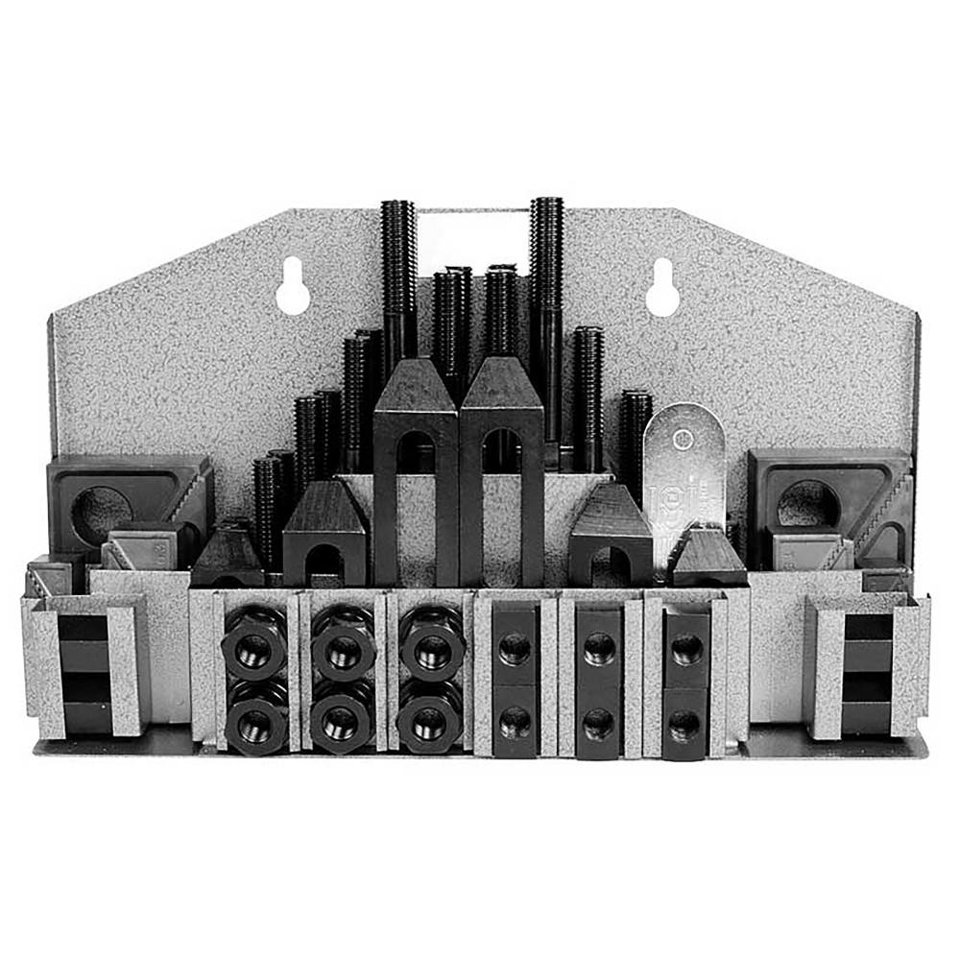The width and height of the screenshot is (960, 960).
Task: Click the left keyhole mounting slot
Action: point(293,289)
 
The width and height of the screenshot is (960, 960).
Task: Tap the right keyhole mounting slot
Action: point(662,289)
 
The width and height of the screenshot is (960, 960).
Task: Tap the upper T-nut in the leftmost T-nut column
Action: point(515,649)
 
